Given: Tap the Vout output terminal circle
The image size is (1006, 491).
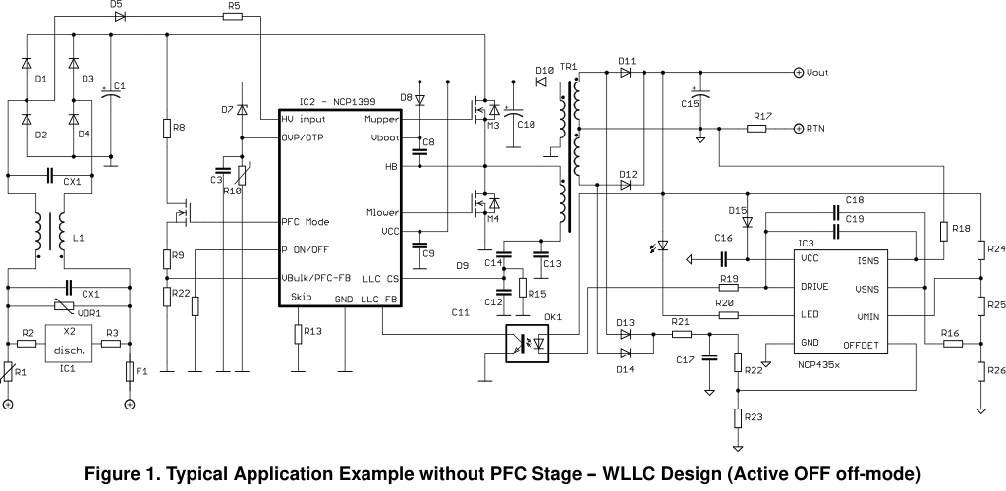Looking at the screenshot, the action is (798, 73).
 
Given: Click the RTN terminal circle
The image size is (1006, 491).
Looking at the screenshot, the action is (798, 129).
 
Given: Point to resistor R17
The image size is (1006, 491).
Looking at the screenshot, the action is (756, 129).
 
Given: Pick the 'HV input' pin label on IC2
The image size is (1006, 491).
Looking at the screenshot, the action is (304, 119).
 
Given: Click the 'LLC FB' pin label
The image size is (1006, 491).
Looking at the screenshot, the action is (379, 299).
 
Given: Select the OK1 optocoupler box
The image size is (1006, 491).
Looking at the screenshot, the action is (527, 345).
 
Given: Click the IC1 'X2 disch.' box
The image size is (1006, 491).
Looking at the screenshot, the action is (69, 343).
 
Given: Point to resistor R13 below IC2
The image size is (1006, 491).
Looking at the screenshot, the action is (299, 335).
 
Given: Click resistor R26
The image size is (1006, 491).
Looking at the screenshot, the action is (981, 370).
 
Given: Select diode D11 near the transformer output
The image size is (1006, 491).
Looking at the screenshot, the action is (626, 73).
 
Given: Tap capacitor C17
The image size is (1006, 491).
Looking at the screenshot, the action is (709, 359).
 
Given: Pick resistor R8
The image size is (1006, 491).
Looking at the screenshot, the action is (167, 129).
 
